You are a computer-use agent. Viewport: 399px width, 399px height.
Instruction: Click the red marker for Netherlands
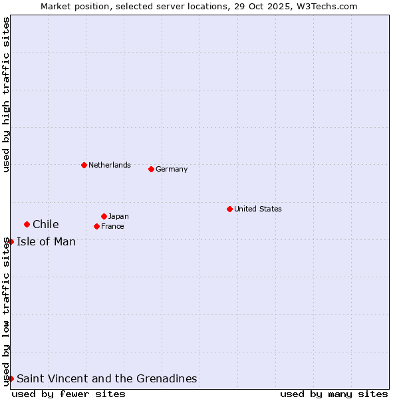pos(84,165)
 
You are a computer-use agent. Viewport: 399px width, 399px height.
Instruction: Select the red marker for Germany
pos(151,169)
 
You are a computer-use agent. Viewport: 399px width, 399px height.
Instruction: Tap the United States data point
pos(229,209)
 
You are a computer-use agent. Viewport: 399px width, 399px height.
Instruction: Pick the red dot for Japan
pos(104,216)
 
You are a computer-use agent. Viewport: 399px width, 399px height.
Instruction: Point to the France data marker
pos(97,226)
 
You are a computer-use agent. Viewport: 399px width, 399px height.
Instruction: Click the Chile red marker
pos(27,224)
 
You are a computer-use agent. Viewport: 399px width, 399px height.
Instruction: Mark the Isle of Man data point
pos(11,241)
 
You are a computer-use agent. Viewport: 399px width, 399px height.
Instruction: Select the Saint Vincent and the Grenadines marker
pos(11,378)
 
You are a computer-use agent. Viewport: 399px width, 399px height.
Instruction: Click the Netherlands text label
pos(110,165)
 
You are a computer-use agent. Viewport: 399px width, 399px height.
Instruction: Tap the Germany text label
pos(172,169)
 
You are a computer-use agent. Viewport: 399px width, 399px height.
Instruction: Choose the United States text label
pos(258,209)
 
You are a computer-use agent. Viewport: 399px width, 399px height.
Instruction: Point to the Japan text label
pos(118,216)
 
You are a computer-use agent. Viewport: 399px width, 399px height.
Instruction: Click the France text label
pos(112,226)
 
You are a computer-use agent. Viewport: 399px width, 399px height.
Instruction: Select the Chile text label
pos(46,224)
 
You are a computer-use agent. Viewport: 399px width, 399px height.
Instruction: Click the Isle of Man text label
pos(47,241)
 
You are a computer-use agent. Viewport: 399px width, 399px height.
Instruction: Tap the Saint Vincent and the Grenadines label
pos(107,378)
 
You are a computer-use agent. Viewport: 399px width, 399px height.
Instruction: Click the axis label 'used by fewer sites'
pos(68,394)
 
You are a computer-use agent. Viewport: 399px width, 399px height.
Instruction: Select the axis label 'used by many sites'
pos(334,394)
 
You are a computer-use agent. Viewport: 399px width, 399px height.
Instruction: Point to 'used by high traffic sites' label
pos(6,94)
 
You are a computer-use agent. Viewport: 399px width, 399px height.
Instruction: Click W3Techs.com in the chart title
pos(327,6)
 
